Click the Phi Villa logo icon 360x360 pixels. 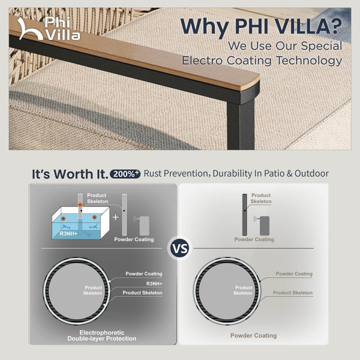[27, 28]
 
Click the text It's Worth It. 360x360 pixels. [69, 174]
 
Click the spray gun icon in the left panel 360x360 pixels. [144, 224]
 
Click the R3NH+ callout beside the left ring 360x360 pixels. [154, 283]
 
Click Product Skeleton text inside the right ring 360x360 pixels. [243, 290]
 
